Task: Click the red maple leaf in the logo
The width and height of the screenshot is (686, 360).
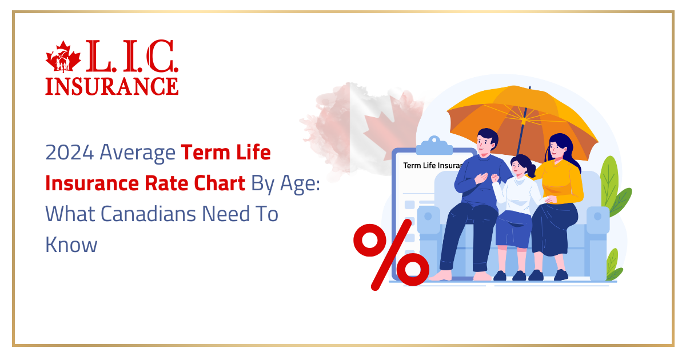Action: [64, 56]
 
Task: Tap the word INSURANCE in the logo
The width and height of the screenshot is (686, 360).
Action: [112, 86]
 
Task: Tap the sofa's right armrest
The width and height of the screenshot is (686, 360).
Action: [597, 223]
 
